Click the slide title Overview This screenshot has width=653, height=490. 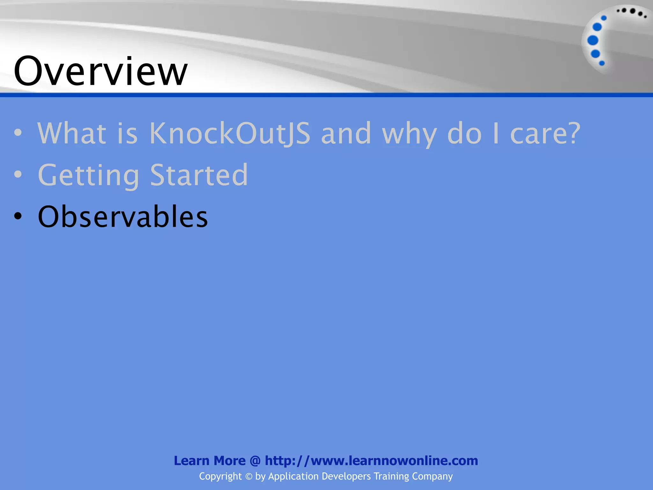100,71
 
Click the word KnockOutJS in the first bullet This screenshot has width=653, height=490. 230,133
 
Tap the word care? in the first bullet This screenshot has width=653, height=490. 545,133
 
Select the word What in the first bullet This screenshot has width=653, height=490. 72,133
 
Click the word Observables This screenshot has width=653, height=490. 123,217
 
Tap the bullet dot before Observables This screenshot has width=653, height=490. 18,216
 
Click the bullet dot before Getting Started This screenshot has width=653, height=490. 18,174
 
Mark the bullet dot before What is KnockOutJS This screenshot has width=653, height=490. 18,132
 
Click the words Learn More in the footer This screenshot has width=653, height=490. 209,461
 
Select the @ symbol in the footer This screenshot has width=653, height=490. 255,461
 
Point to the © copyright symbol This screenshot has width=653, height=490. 249,477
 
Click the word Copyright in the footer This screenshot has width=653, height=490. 220,477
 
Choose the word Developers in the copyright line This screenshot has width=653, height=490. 346,477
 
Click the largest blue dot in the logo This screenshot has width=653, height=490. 593,41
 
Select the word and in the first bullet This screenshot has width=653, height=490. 346,133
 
